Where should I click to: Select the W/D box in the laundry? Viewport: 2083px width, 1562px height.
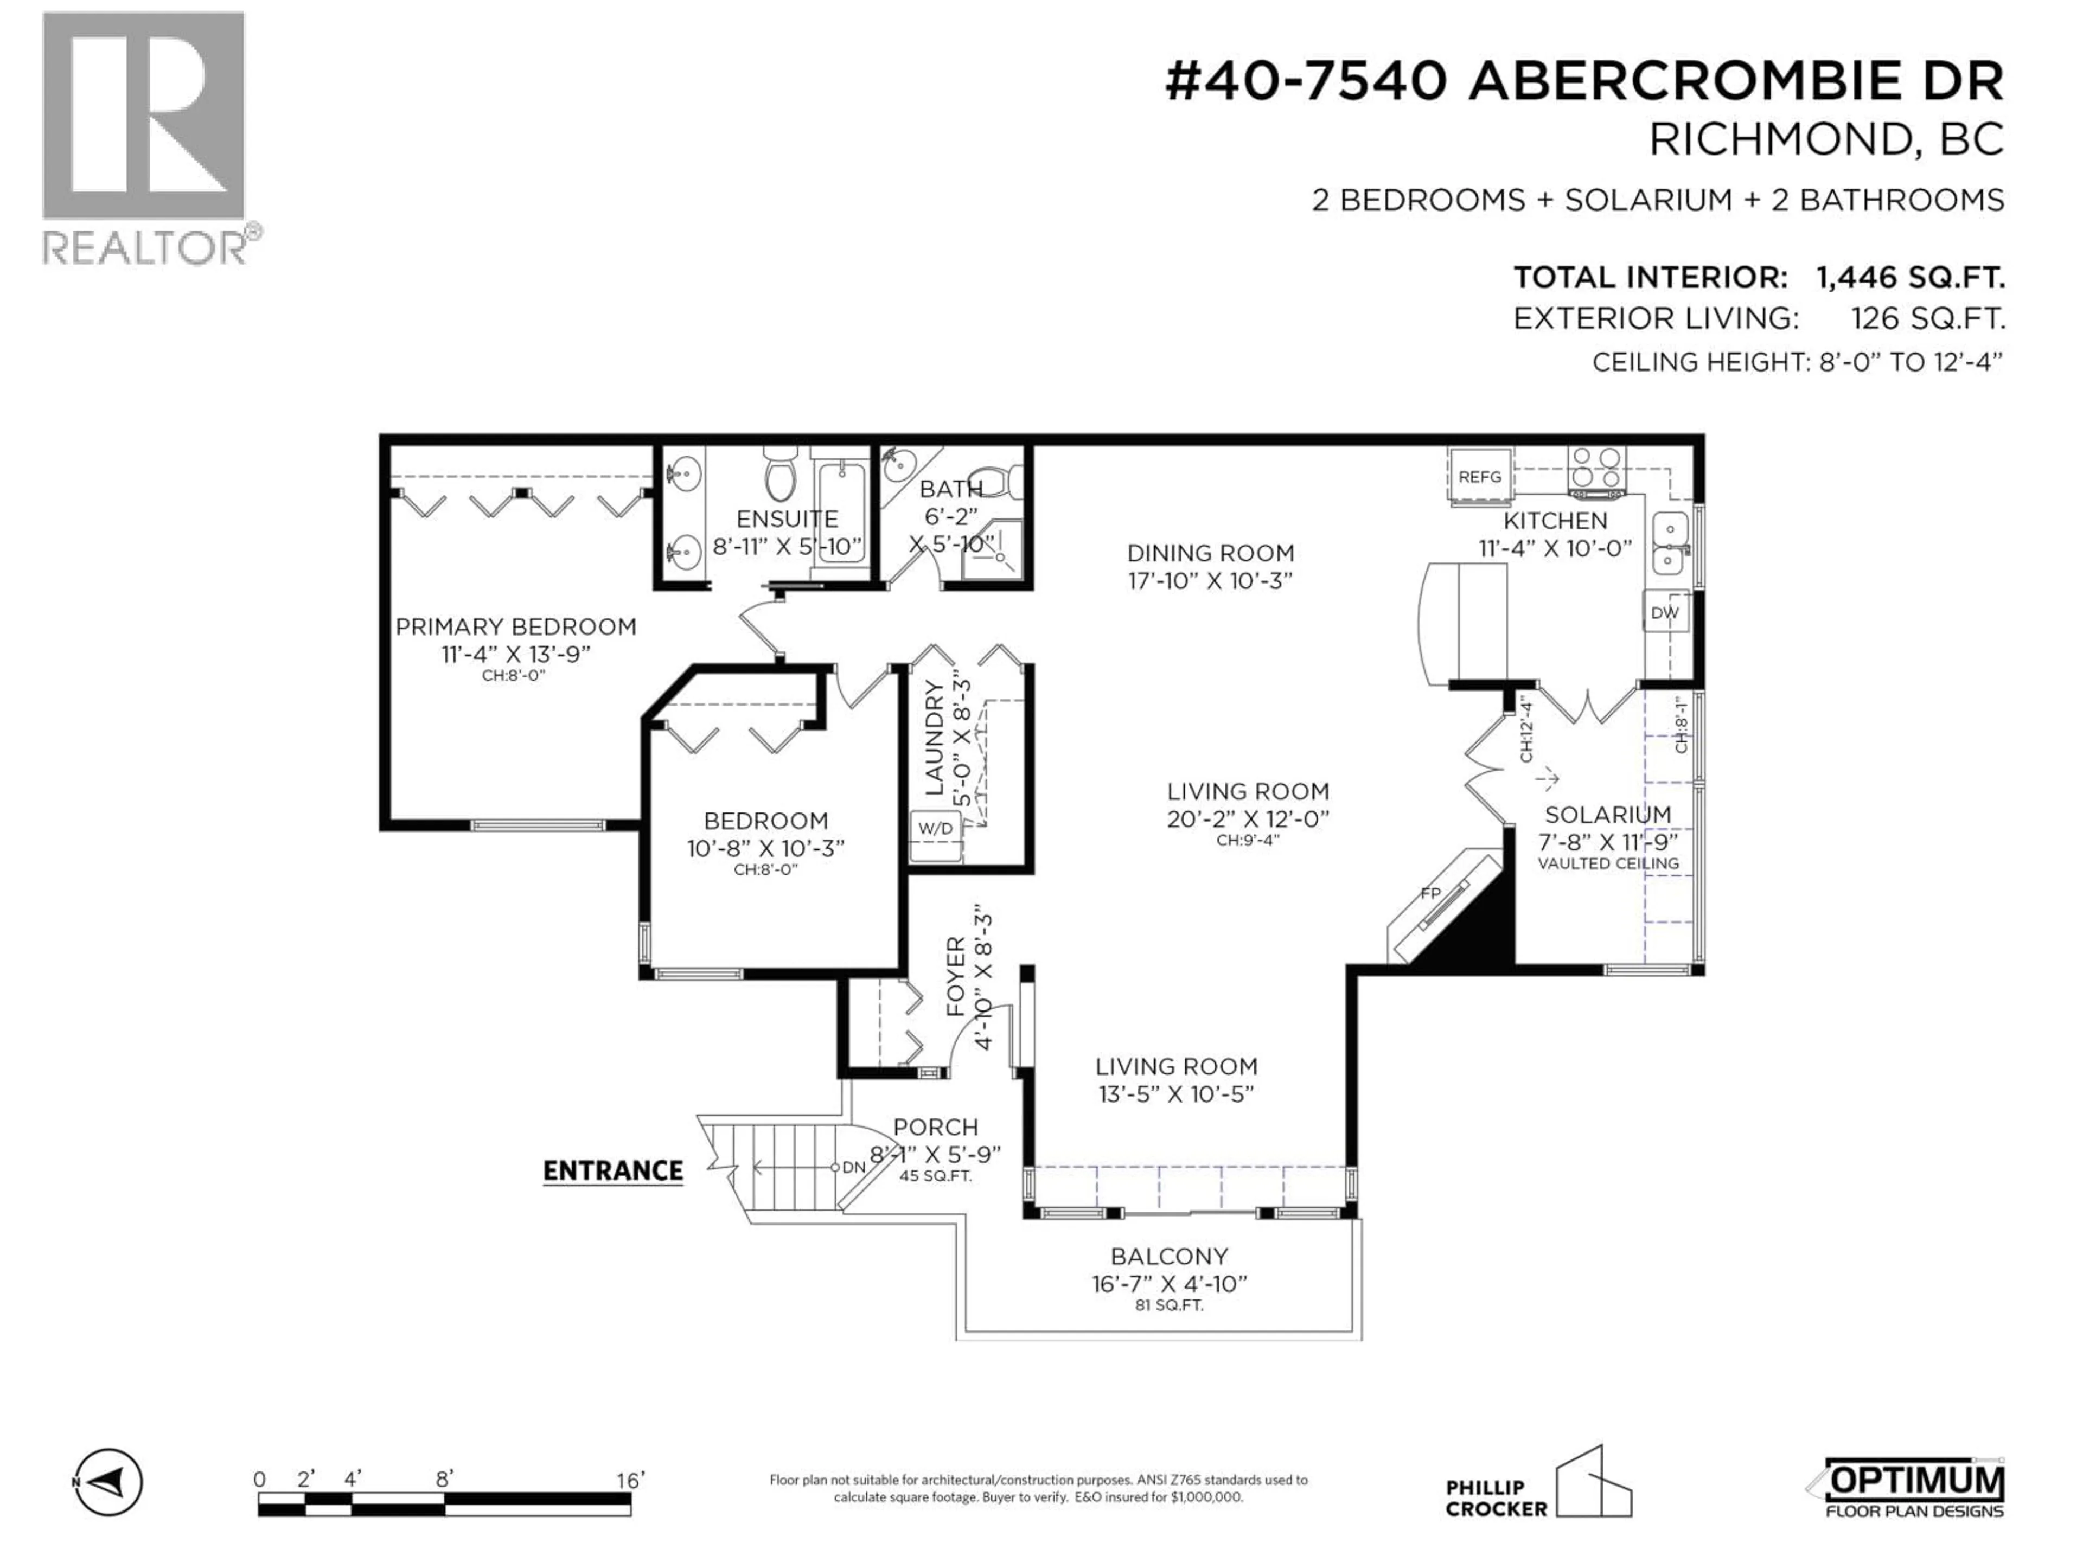pyautogui.click(x=935, y=829)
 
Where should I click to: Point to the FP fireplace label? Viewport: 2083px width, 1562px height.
pyautogui.click(x=1430, y=893)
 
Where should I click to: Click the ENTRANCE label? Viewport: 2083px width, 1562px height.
pyautogui.click(x=613, y=1170)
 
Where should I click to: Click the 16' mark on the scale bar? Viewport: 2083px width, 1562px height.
pyautogui.click(x=629, y=1480)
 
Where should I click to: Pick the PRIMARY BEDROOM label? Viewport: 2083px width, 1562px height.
pyautogui.click(x=516, y=627)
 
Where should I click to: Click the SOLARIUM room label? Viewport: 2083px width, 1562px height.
pyautogui.click(x=1607, y=815)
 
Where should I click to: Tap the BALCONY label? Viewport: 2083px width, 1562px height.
pyautogui.click(x=1168, y=1256)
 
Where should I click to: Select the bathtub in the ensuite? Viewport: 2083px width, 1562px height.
pyautogui.click(x=841, y=513)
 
